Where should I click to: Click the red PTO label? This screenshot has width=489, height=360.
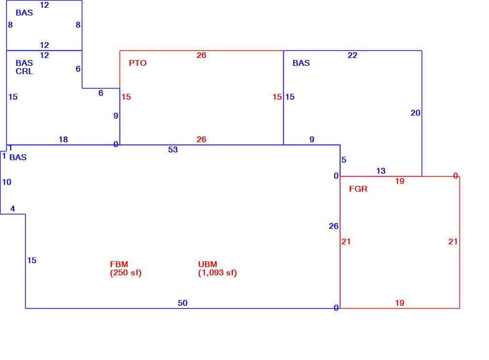[x=138, y=63]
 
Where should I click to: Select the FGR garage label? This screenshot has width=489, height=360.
[x=358, y=189]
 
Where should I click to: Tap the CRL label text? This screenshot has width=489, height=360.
[x=24, y=72]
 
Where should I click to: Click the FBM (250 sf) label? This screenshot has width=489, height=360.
[x=126, y=269]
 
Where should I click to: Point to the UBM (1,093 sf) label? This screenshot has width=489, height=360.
[x=217, y=269]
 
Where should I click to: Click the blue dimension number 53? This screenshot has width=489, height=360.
[x=173, y=150]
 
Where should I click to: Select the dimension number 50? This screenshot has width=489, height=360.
[x=183, y=303]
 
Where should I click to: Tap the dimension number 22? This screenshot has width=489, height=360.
[x=352, y=56]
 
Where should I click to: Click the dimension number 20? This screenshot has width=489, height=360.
[x=415, y=113]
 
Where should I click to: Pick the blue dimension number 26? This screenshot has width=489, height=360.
[x=334, y=226]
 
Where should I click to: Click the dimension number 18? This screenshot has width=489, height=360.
[x=63, y=140]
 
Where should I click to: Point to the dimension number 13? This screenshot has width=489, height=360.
[x=381, y=171]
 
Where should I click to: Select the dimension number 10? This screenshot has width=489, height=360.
[x=7, y=182]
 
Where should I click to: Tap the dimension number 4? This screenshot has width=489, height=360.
[x=13, y=209]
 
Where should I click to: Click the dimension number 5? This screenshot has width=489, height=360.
[x=344, y=160]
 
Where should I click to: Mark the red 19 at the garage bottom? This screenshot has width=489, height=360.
[x=399, y=303]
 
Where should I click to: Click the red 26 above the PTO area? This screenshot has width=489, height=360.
[x=201, y=56]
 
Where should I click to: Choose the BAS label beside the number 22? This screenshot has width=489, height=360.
[x=301, y=63]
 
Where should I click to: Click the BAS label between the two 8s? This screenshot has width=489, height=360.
[x=24, y=13]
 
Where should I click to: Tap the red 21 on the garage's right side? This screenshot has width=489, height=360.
[x=453, y=241]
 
